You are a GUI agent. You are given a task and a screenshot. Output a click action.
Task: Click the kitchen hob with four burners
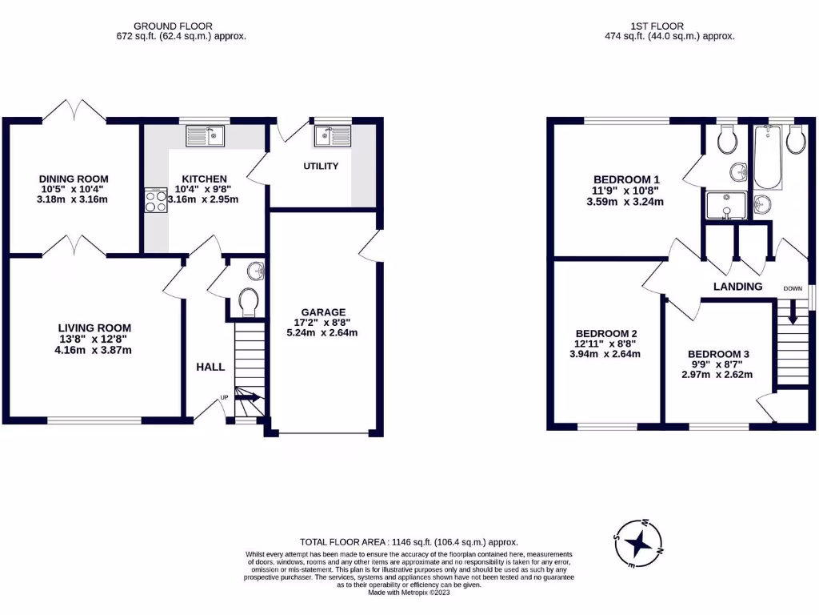point(154,199)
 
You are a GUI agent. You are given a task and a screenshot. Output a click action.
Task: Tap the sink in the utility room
point(332,135)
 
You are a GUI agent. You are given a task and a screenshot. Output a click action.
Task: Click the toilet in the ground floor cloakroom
point(249,302)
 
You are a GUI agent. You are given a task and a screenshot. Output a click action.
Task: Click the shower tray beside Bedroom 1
point(726,206)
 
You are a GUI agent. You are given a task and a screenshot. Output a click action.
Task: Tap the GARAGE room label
point(323,312)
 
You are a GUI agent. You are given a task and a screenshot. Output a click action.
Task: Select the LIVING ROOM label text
point(94,328)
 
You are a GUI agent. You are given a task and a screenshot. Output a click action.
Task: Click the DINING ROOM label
point(74,179)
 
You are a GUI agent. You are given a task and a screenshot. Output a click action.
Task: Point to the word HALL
point(210,367)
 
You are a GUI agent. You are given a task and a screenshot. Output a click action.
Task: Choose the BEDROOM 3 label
point(717,354)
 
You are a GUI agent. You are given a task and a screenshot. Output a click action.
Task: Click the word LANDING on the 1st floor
point(737,286)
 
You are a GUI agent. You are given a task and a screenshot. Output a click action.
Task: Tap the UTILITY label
point(321,167)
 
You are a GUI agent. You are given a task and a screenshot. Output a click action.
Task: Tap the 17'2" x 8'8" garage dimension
point(323,323)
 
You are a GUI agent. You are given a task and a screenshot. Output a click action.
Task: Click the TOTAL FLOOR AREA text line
point(409,541)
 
